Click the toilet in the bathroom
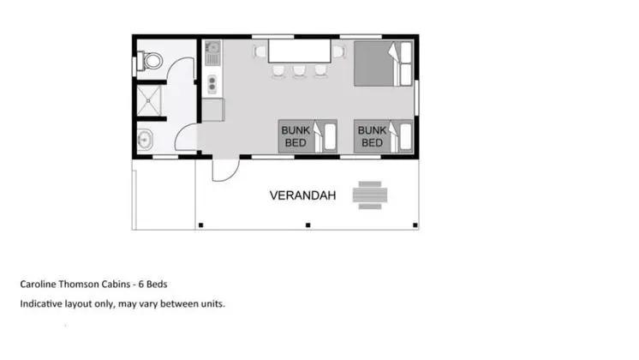(151, 61)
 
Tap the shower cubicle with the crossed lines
(149, 100)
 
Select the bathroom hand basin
(145, 140)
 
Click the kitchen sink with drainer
(212, 52)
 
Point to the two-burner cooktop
(212, 84)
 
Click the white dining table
(299, 51)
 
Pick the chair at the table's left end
(260, 51)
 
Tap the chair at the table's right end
(338, 51)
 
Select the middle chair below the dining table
(299, 71)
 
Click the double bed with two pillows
(383, 63)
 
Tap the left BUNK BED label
(296, 136)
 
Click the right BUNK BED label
(372, 136)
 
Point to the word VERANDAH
(302, 195)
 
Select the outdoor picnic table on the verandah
(370, 195)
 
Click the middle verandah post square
(308, 225)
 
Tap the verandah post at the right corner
(415, 225)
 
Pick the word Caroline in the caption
(38, 285)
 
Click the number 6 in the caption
(141, 285)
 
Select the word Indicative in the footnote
(41, 303)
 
